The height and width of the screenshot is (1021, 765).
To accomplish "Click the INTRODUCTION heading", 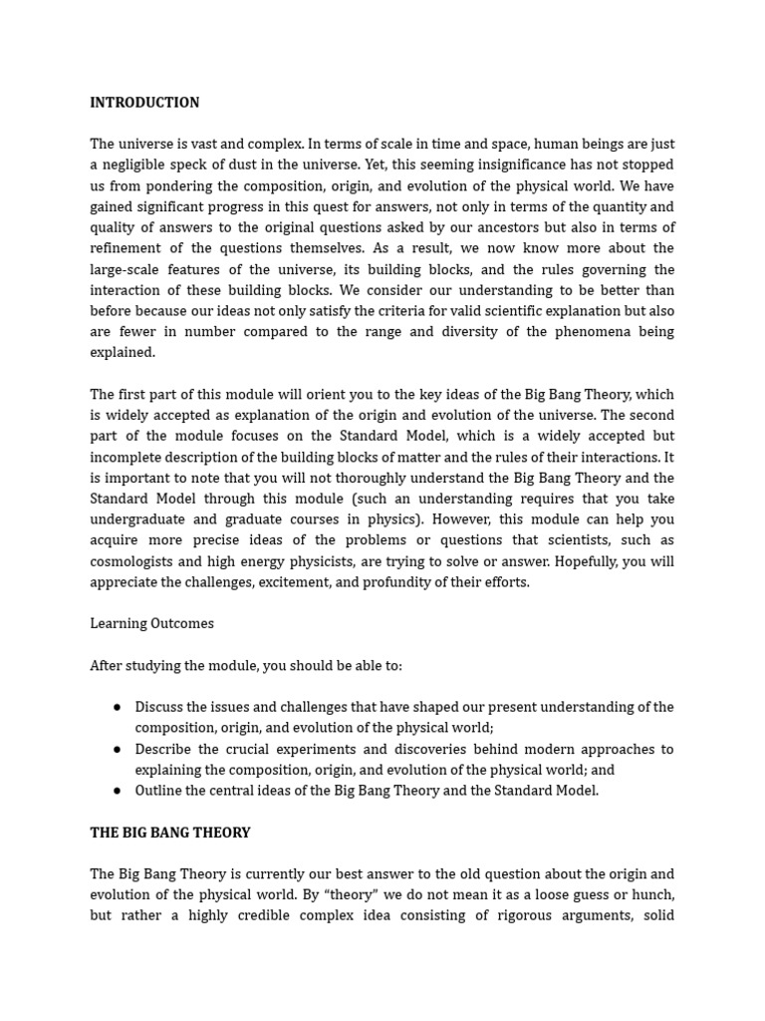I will click(x=144, y=103).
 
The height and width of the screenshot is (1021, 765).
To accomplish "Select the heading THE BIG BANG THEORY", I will click(x=170, y=833).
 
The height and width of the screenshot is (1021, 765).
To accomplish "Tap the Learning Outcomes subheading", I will click(x=151, y=623).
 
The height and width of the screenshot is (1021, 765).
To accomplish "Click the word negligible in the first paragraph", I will click(x=138, y=165).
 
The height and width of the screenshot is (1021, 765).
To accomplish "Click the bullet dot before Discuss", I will click(x=118, y=707).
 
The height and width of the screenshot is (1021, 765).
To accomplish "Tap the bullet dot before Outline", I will click(x=118, y=791).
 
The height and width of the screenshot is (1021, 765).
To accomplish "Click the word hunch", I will click(x=652, y=894).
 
